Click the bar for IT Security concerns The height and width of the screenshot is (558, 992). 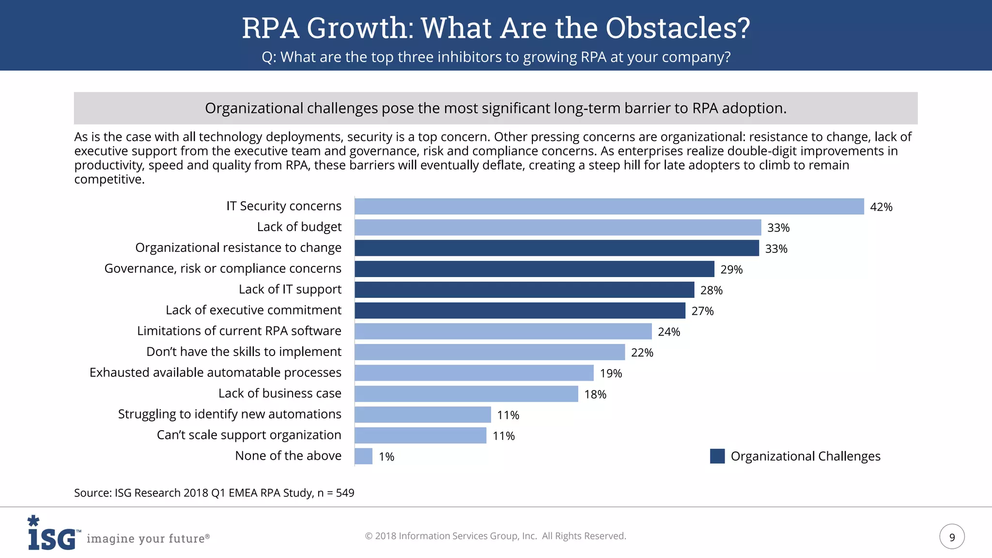609,206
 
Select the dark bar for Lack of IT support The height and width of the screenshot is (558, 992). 524,290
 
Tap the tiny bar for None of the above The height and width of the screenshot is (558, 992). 363,456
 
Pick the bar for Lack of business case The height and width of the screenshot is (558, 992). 466,394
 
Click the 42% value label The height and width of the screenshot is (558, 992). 881,207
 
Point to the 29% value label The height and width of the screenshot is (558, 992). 731,269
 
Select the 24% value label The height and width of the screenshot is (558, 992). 668,332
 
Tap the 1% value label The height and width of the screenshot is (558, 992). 386,457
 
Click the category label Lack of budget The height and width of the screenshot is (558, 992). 299,227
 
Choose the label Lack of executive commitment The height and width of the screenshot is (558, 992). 253,310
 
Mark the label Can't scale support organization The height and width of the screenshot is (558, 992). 249,435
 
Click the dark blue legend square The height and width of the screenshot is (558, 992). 717,456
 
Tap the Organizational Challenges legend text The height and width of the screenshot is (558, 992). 805,456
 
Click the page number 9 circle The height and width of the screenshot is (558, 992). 952,537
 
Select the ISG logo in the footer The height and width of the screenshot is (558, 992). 52,534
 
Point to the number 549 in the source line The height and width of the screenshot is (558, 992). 345,493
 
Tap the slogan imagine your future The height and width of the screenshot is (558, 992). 148,539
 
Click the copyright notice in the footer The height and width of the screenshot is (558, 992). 495,536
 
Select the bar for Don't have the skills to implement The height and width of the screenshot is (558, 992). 489,352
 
